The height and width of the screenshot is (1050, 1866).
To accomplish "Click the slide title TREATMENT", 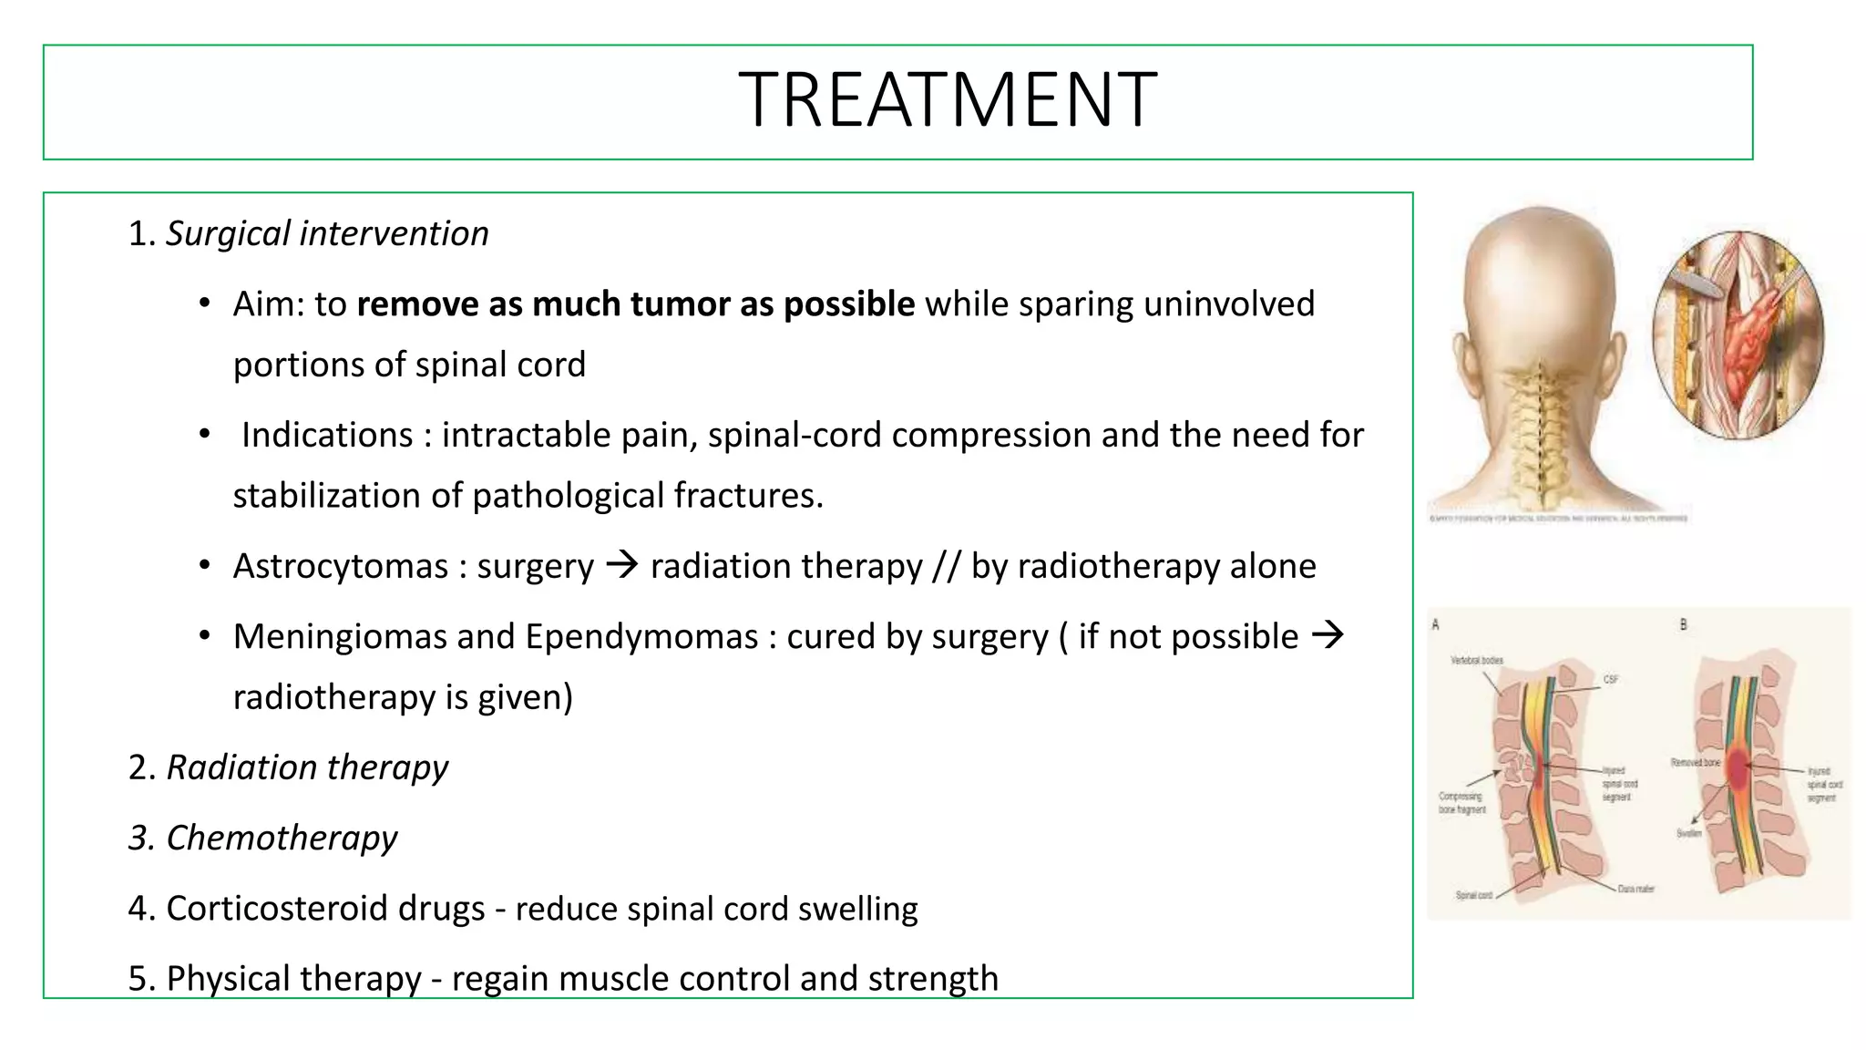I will coord(948,100).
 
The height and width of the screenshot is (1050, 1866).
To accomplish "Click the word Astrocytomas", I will coord(341,566).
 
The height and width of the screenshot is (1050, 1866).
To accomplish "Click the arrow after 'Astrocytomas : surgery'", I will coord(622,565).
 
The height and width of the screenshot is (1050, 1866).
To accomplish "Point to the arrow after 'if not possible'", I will coord(1328,634).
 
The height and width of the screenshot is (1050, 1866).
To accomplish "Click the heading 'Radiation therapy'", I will coord(307,767).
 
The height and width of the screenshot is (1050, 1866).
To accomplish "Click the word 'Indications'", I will coord(327,435).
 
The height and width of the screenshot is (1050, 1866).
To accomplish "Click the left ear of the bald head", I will coord(1460,360).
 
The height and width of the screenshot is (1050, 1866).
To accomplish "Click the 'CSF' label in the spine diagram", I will coord(1611,679).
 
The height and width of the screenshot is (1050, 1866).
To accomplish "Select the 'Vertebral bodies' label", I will coord(1477,660).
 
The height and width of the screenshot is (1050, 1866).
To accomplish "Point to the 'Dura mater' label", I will coord(1636,889).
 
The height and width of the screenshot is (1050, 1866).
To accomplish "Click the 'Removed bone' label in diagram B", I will coord(1695,762).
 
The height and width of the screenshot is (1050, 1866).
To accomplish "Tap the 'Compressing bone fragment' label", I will coord(1462,802).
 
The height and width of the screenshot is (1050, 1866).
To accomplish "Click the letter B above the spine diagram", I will coord(1684,624).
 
